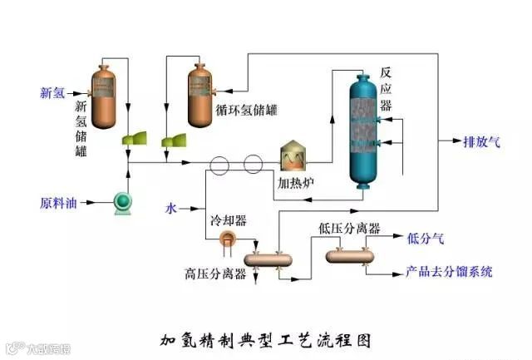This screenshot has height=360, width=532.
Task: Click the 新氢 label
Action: pyautogui.click(x=52, y=92)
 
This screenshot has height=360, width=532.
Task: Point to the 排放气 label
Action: pyautogui.click(x=482, y=141)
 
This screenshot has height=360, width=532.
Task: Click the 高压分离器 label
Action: pyautogui.click(x=215, y=274)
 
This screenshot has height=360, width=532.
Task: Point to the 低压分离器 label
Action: pyautogui.click(x=349, y=228)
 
